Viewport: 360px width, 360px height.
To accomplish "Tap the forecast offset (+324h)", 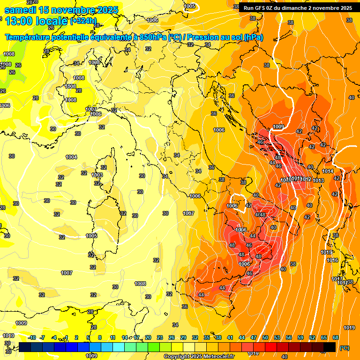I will tap(83, 21).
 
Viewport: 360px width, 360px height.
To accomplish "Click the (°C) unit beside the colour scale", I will tap(345, 348).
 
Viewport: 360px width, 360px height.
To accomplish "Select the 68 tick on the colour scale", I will tap(336, 337).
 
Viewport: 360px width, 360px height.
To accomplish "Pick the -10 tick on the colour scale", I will tap(32, 337).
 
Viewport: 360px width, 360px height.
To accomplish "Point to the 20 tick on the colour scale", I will tap(148, 337).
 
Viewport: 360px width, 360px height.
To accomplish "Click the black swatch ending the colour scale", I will tap(330, 347).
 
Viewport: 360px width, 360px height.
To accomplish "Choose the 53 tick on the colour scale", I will tap(277, 337).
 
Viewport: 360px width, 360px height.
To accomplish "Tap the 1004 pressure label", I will tap(71, 157).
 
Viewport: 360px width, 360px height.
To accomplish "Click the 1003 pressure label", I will tap(97, 175).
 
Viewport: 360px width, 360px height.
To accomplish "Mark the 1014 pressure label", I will tap(328, 171).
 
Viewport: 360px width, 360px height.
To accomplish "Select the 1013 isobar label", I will tap(319, 180).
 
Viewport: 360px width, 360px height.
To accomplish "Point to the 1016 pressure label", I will tap(332, 260).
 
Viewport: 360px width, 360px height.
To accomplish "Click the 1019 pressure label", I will tap(349, 328).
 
